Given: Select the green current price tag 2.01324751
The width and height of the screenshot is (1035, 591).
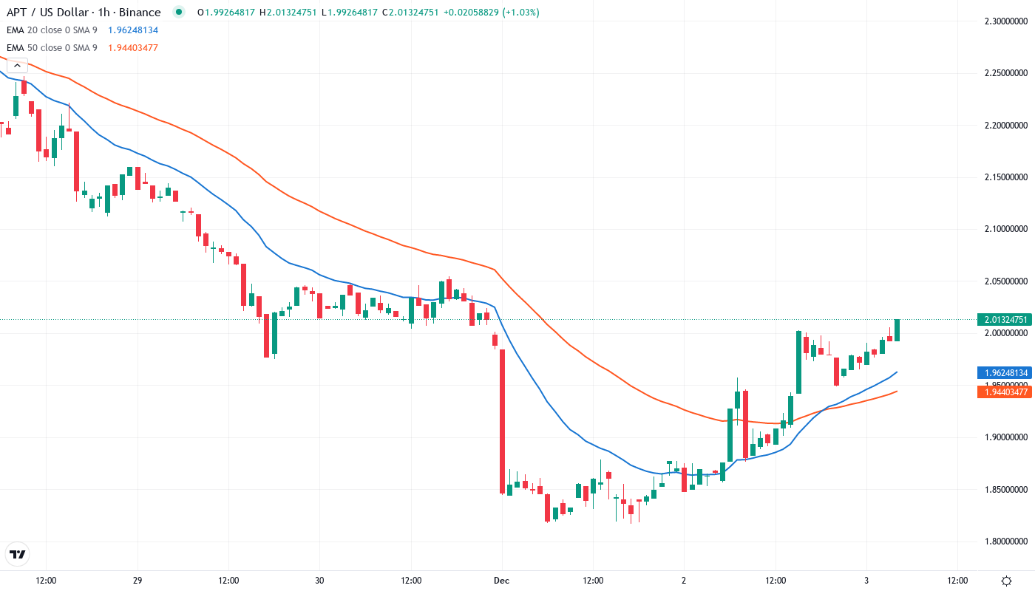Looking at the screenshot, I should pos(1005,320).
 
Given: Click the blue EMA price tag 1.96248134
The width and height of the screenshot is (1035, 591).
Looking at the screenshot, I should pos(1005,373).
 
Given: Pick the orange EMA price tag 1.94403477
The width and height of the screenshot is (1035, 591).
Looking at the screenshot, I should pos(1005,392).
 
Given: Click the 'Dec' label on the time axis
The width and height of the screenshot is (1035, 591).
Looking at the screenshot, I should pos(502,581).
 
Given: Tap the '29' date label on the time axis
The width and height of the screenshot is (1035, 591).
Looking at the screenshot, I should pos(138,581).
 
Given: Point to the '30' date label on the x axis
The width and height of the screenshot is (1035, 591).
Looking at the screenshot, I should pos(319,581).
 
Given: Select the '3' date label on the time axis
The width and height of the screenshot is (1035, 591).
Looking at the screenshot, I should pos(866,581).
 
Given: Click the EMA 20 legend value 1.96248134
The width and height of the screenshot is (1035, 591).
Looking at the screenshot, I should pos(133,30).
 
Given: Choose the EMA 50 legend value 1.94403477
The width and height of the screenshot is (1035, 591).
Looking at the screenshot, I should pos(133,48).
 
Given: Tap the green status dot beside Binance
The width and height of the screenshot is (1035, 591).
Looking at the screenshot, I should pos(177,13).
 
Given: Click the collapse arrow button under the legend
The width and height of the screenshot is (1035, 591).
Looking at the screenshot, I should pos(16,66).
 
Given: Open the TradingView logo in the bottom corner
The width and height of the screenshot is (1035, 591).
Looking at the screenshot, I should pos(18,554).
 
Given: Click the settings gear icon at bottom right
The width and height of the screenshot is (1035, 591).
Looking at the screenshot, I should pos(1006,581).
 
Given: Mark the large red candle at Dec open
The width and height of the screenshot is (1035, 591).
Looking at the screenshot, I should pos(502,421).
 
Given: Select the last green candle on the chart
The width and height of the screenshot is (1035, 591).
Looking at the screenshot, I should pos(897,330).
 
